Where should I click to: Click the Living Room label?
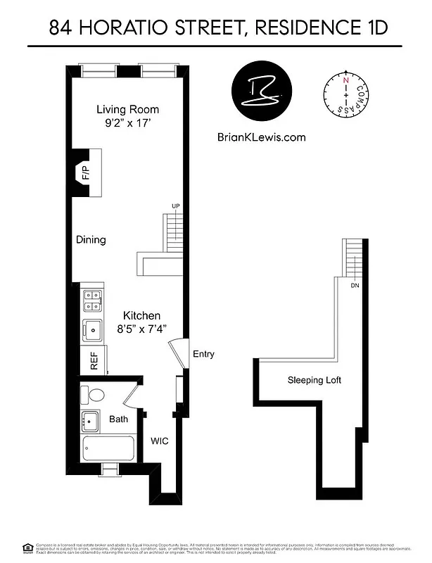pos(127,109)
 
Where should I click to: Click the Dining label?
pos(91,240)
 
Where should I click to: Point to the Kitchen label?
pos(142,315)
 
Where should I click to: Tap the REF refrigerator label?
pos(94,361)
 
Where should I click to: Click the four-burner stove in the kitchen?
pos(91,301)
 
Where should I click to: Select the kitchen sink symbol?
pos(91,329)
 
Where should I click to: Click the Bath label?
pos(118,419)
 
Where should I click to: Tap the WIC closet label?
pos(160,441)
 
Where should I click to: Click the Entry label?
pos(203,355)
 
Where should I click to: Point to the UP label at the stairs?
pos(175,205)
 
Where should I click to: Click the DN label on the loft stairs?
pos(355,285)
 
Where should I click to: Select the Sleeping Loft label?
pos(314,380)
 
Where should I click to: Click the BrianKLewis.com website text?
pos(262,138)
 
